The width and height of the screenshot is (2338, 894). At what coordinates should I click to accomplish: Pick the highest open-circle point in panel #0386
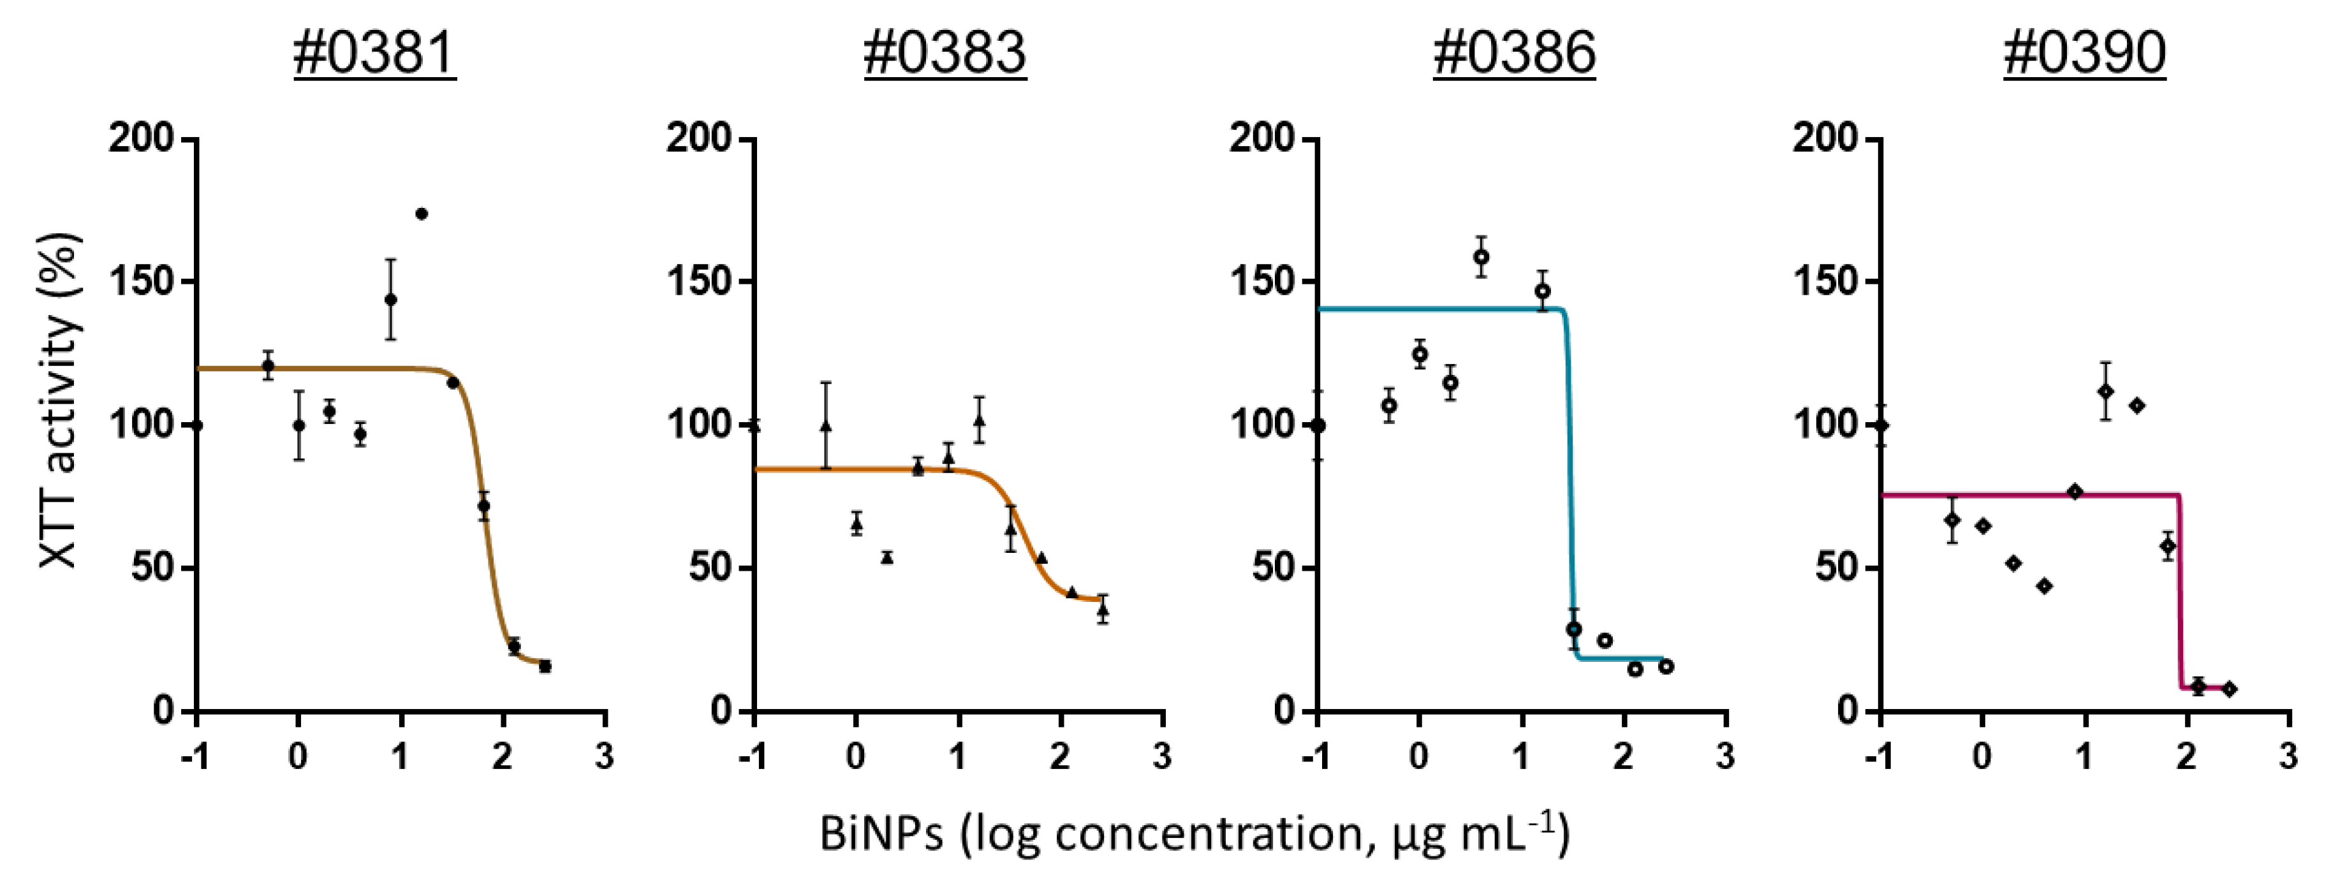point(1481,257)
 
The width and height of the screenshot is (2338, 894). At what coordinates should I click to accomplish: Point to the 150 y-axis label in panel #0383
point(699,281)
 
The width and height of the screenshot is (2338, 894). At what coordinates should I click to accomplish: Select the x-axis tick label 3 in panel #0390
point(2289,756)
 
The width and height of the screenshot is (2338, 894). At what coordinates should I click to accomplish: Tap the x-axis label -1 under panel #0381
point(195,756)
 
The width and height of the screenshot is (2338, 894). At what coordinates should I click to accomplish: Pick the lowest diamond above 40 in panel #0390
point(2044,586)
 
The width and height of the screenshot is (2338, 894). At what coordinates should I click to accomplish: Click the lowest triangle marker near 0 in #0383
point(886,557)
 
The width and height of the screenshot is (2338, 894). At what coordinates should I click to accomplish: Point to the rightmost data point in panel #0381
point(545,666)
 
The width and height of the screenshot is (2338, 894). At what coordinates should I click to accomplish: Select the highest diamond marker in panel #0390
point(2106,391)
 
